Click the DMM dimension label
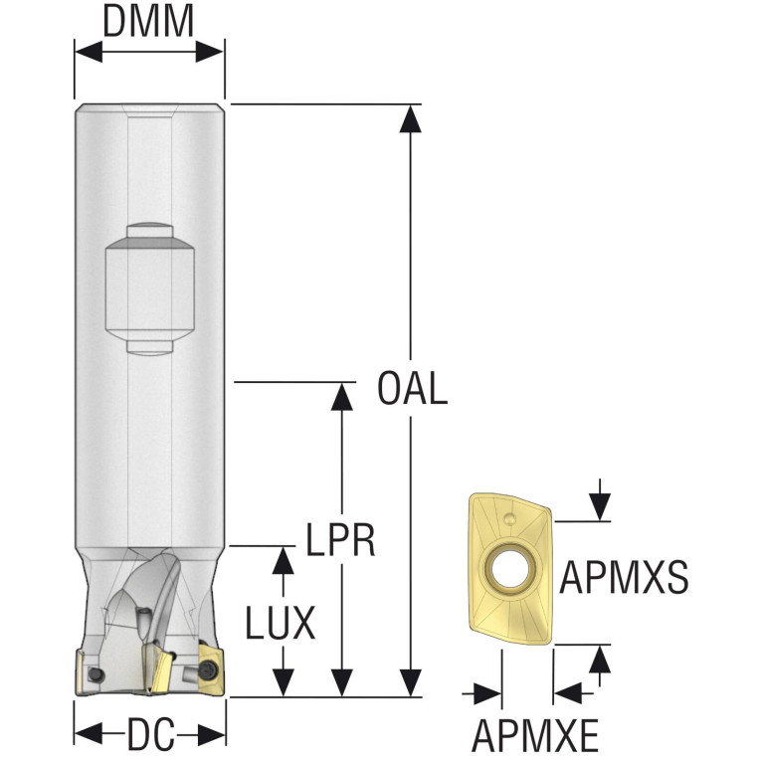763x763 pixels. click(x=148, y=23)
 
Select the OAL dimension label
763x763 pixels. click(x=413, y=388)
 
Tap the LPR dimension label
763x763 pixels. click(x=340, y=540)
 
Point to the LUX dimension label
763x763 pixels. click(x=281, y=624)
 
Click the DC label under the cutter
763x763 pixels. click(x=150, y=735)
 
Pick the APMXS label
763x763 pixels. click(x=624, y=578)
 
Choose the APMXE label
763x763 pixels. click(x=535, y=736)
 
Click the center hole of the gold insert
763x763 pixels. click(x=509, y=568)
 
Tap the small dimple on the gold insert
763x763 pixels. click(x=509, y=519)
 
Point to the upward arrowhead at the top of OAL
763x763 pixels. click(x=411, y=118)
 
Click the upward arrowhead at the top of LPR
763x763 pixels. click(x=341, y=396)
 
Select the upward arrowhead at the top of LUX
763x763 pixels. click(x=284, y=560)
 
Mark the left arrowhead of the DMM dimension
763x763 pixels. click(x=89, y=52)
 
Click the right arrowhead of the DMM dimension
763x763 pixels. click(x=210, y=52)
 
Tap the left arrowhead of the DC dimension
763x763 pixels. click(x=89, y=734)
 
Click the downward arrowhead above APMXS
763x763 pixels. click(x=600, y=507)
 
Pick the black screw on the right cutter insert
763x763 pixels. click(x=208, y=669)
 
